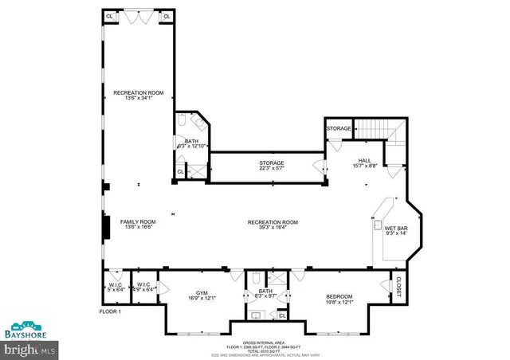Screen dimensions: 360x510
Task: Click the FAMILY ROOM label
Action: (x=137, y=221)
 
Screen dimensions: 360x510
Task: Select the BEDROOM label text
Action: (x=339, y=297)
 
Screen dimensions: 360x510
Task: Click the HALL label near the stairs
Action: (x=364, y=160)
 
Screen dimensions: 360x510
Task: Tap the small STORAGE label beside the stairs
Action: (x=338, y=128)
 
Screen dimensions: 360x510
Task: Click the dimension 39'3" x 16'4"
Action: (x=272, y=227)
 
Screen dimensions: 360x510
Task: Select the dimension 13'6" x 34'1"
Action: (x=138, y=99)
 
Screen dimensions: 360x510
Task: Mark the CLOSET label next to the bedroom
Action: (x=396, y=285)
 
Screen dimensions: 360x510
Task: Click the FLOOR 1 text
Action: (x=110, y=311)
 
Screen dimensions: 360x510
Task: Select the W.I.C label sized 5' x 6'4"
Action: (x=115, y=288)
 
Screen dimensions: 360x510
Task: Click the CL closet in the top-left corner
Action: (x=110, y=16)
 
